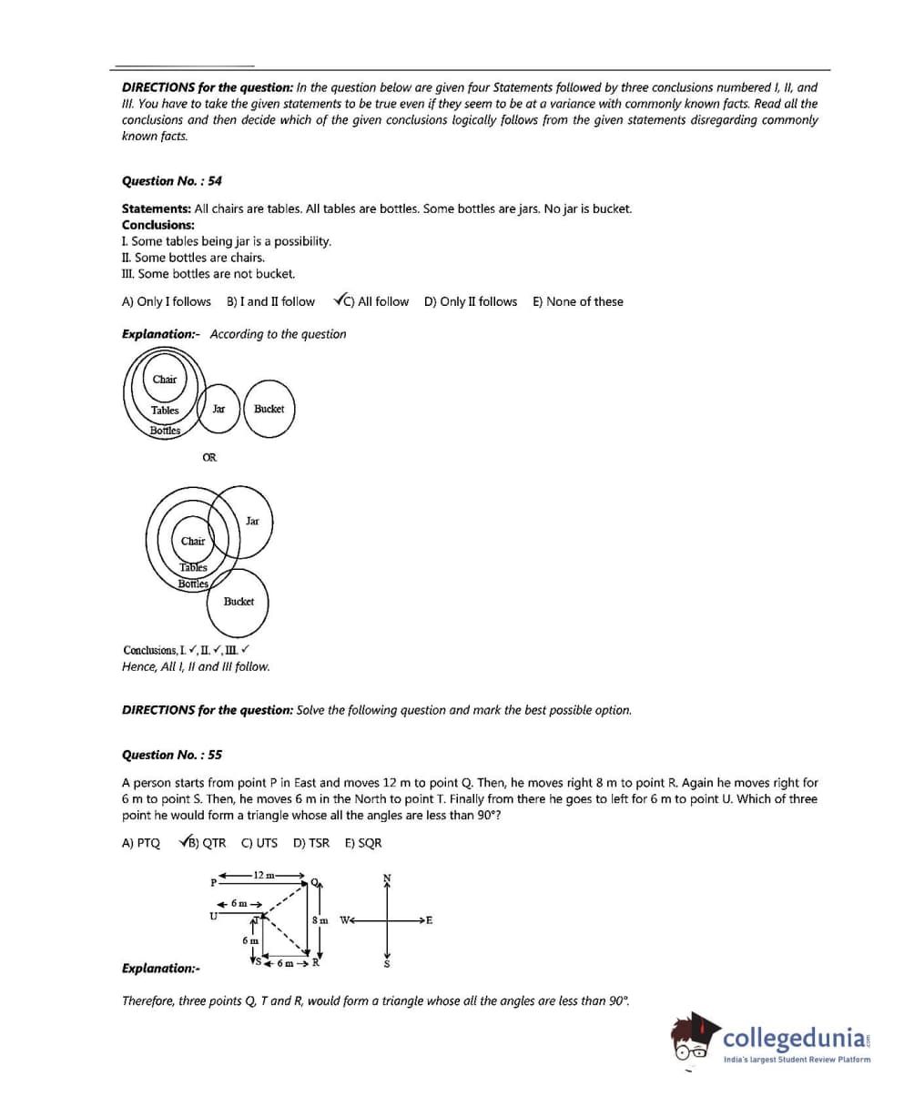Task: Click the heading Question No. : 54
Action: pos(171,181)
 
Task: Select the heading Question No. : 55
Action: pos(171,755)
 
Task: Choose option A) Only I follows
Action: pos(166,302)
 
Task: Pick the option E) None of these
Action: pos(578,302)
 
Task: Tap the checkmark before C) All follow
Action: pos(340,300)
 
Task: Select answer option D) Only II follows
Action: pos(470,302)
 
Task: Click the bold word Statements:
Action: pos(156,209)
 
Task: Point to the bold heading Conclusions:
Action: pos(157,225)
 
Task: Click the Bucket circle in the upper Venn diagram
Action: pos(269,410)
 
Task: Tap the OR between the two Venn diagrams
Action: pos(209,458)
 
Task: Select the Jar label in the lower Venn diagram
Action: pos(252,522)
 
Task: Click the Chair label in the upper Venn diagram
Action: pos(165,380)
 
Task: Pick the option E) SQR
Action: pos(363,843)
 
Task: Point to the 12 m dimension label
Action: pos(264,875)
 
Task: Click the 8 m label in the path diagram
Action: pos(320,919)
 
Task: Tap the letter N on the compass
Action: pos(387,878)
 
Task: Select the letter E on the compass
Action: pos(429,919)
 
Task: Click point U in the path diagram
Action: pos(213,916)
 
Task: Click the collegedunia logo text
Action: pos(796,1038)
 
